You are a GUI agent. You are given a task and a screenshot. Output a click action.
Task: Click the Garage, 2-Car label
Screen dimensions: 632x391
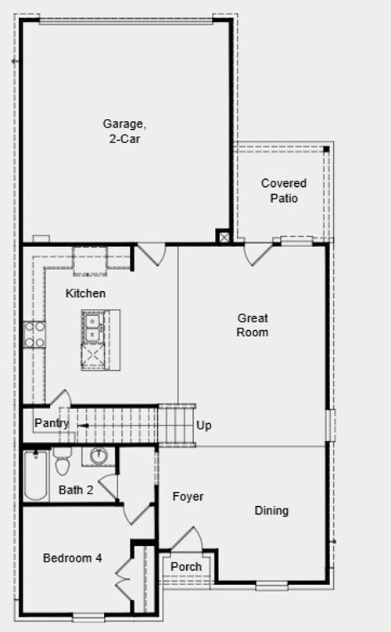(x=125, y=131)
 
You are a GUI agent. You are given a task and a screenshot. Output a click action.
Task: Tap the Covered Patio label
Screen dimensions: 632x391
(x=284, y=190)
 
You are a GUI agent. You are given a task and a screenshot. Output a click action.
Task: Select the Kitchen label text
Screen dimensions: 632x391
(x=85, y=293)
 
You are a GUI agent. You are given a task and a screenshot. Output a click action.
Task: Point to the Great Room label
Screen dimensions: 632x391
(x=253, y=325)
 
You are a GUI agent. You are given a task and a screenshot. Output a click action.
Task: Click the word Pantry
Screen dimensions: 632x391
(x=52, y=423)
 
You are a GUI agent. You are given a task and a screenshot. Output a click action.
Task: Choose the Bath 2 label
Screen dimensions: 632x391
(x=77, y=490)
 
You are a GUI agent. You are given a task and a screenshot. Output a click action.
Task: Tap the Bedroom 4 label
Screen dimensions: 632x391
(x=72, y=558)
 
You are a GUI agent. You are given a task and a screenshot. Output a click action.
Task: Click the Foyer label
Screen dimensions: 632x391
(x=188, y=497)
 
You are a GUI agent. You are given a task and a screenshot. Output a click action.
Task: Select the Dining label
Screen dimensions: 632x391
(x=271, y=511)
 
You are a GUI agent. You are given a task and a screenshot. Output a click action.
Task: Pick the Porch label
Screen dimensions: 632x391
(x=186, y=566)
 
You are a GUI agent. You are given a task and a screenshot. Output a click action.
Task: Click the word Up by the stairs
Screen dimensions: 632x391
(x=204, y=426)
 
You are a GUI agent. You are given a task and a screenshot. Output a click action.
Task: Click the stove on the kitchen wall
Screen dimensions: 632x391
(x=34, y=334)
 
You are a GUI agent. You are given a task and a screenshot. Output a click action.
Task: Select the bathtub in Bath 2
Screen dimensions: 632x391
(x=35, y=476)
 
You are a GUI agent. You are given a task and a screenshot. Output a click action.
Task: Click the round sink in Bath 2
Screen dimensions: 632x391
(x=99, y=456)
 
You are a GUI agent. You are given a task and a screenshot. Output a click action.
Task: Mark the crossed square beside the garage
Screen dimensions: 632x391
(x=224, y=236)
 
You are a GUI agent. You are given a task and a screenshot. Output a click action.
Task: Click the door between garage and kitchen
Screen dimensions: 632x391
(x=152, y=253)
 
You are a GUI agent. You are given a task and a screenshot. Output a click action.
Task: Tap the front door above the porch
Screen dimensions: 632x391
(x=187, y=540)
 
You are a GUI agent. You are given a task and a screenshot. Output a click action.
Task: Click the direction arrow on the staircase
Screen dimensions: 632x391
(x=82, y=425)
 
